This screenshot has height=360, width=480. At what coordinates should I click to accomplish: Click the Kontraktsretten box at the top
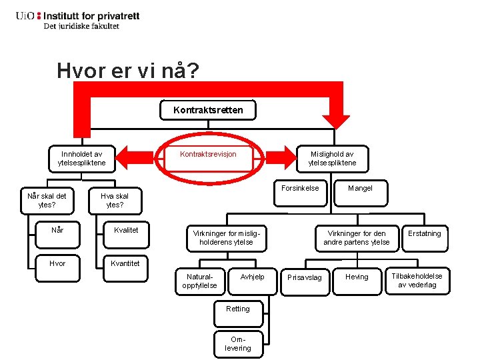(208, 110)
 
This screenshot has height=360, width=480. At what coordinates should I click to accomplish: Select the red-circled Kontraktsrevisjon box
(208, 155)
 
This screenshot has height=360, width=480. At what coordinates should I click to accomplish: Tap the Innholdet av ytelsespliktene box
(81, 159)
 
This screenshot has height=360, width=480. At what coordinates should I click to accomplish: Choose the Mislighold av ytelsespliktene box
(332, 159)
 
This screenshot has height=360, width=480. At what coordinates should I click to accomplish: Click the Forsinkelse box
(300, 189)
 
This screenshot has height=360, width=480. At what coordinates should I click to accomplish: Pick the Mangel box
(360, 189)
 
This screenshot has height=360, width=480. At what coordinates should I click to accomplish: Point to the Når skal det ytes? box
(47, 201)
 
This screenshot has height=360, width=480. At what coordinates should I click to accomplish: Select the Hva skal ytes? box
(115, 201)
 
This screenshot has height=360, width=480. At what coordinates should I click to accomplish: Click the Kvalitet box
(126, 231)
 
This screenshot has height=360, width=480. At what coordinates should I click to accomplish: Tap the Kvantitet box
(126, 263)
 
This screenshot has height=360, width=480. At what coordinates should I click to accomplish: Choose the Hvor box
(58, 263)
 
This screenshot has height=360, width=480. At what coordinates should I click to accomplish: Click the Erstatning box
(425, 234)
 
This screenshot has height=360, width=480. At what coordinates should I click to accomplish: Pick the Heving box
(357, 277)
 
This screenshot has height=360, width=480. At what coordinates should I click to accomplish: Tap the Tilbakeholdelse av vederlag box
(417, 281)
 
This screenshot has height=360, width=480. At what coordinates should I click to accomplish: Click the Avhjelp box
(252, 277)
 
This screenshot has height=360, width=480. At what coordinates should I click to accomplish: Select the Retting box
(238, 309)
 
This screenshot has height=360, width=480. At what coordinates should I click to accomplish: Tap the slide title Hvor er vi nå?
(127, 71)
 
